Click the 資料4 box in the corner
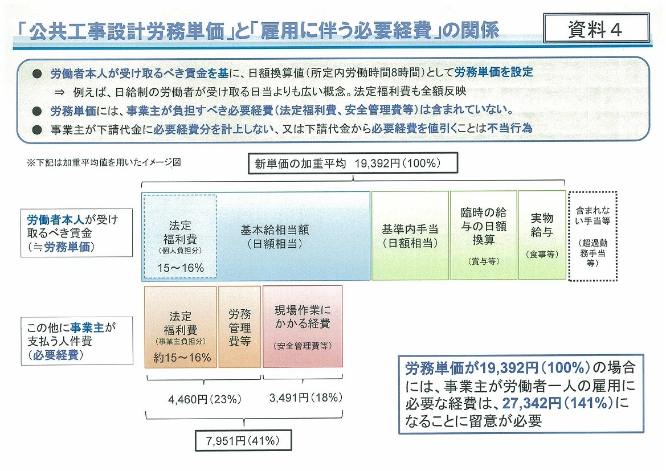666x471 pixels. click(x=596, y=28)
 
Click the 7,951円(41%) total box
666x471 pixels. click(x=243, y=440)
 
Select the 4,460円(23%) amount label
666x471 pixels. click(x=205, y=399)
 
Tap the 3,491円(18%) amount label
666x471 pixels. click(x=306, y=398)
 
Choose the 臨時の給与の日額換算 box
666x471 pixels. click(x=483, y=235)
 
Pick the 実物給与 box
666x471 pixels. click(x=542, y=235)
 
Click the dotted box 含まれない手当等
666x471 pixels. click(x=593, y=236)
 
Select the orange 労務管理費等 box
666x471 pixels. click(x=239, y=326)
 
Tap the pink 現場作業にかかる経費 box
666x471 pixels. click(x=303, y=326)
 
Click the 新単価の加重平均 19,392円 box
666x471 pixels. click(x=353, y=163)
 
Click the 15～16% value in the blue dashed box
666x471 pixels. click(x=181, y=268)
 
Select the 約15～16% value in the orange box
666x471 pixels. click(x=182, y=358)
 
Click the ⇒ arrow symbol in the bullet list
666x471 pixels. click(x=59, y=92)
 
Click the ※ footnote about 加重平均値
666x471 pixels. click(x=104, y=162)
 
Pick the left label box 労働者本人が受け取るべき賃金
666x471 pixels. click(x=76, y=233)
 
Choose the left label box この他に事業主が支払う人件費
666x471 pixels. click(x=77, y=341)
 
